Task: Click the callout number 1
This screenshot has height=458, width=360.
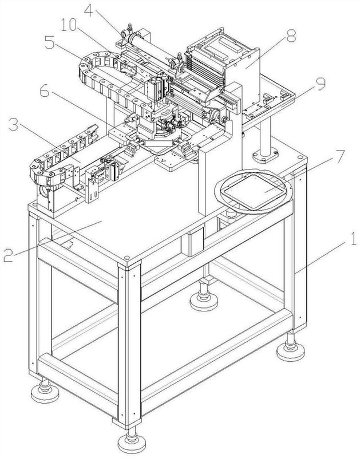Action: click(x=353, y=239)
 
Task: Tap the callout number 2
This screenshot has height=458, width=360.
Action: click(x=8, y=255)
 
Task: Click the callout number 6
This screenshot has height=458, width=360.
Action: click(x=45, y=92)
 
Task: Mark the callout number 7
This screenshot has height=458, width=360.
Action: click(x=340, y=159)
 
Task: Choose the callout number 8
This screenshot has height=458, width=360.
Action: click(x=291, y=36)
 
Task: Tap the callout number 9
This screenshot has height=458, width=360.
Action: click(x=321, y=84)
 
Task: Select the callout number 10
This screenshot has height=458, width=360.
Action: click(x=69, y=25)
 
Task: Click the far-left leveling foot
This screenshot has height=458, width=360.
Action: click(x=45, y=391)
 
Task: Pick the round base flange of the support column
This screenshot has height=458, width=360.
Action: click(x=266, y=155)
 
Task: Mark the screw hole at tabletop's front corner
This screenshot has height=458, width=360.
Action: click(x=126, y=258)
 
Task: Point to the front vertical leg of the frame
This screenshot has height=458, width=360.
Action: click(x=129, y=345)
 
